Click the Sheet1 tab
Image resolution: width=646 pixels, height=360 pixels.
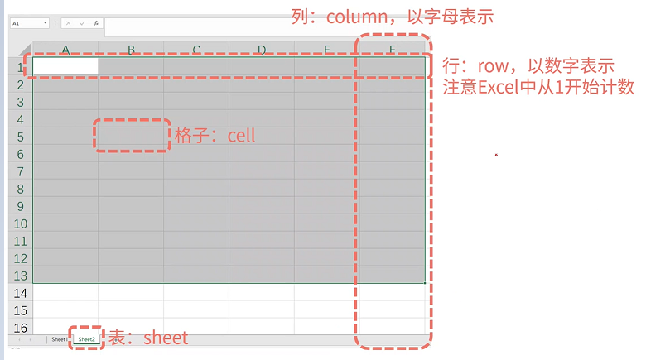click(x=59, y=339)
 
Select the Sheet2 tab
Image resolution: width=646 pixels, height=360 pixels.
click(x=87, y=339)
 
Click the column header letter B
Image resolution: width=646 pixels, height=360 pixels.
click(x=131, y=50)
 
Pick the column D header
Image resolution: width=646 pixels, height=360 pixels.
click(x=262, y=50)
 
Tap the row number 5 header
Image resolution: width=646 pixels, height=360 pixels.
click(x=21, y=137)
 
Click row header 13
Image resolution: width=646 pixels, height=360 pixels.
click(x=21, y=276)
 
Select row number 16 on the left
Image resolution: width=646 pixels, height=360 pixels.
click(x=21, y=328)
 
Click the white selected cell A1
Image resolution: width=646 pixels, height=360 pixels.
click(x=65, y=66)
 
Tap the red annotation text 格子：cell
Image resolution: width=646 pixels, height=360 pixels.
click(x=215, y=135)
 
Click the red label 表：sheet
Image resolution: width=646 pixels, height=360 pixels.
click(x=149, y=338)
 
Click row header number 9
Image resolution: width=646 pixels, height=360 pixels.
click(x=21, y=206)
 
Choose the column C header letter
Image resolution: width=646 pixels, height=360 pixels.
click(x=196, y=50)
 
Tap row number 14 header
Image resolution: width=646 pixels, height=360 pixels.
click(x=21, y=293)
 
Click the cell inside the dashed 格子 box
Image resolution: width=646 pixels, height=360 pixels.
click(x=131, y=136)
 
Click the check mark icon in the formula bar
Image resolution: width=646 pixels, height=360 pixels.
click(x=82, y=24)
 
